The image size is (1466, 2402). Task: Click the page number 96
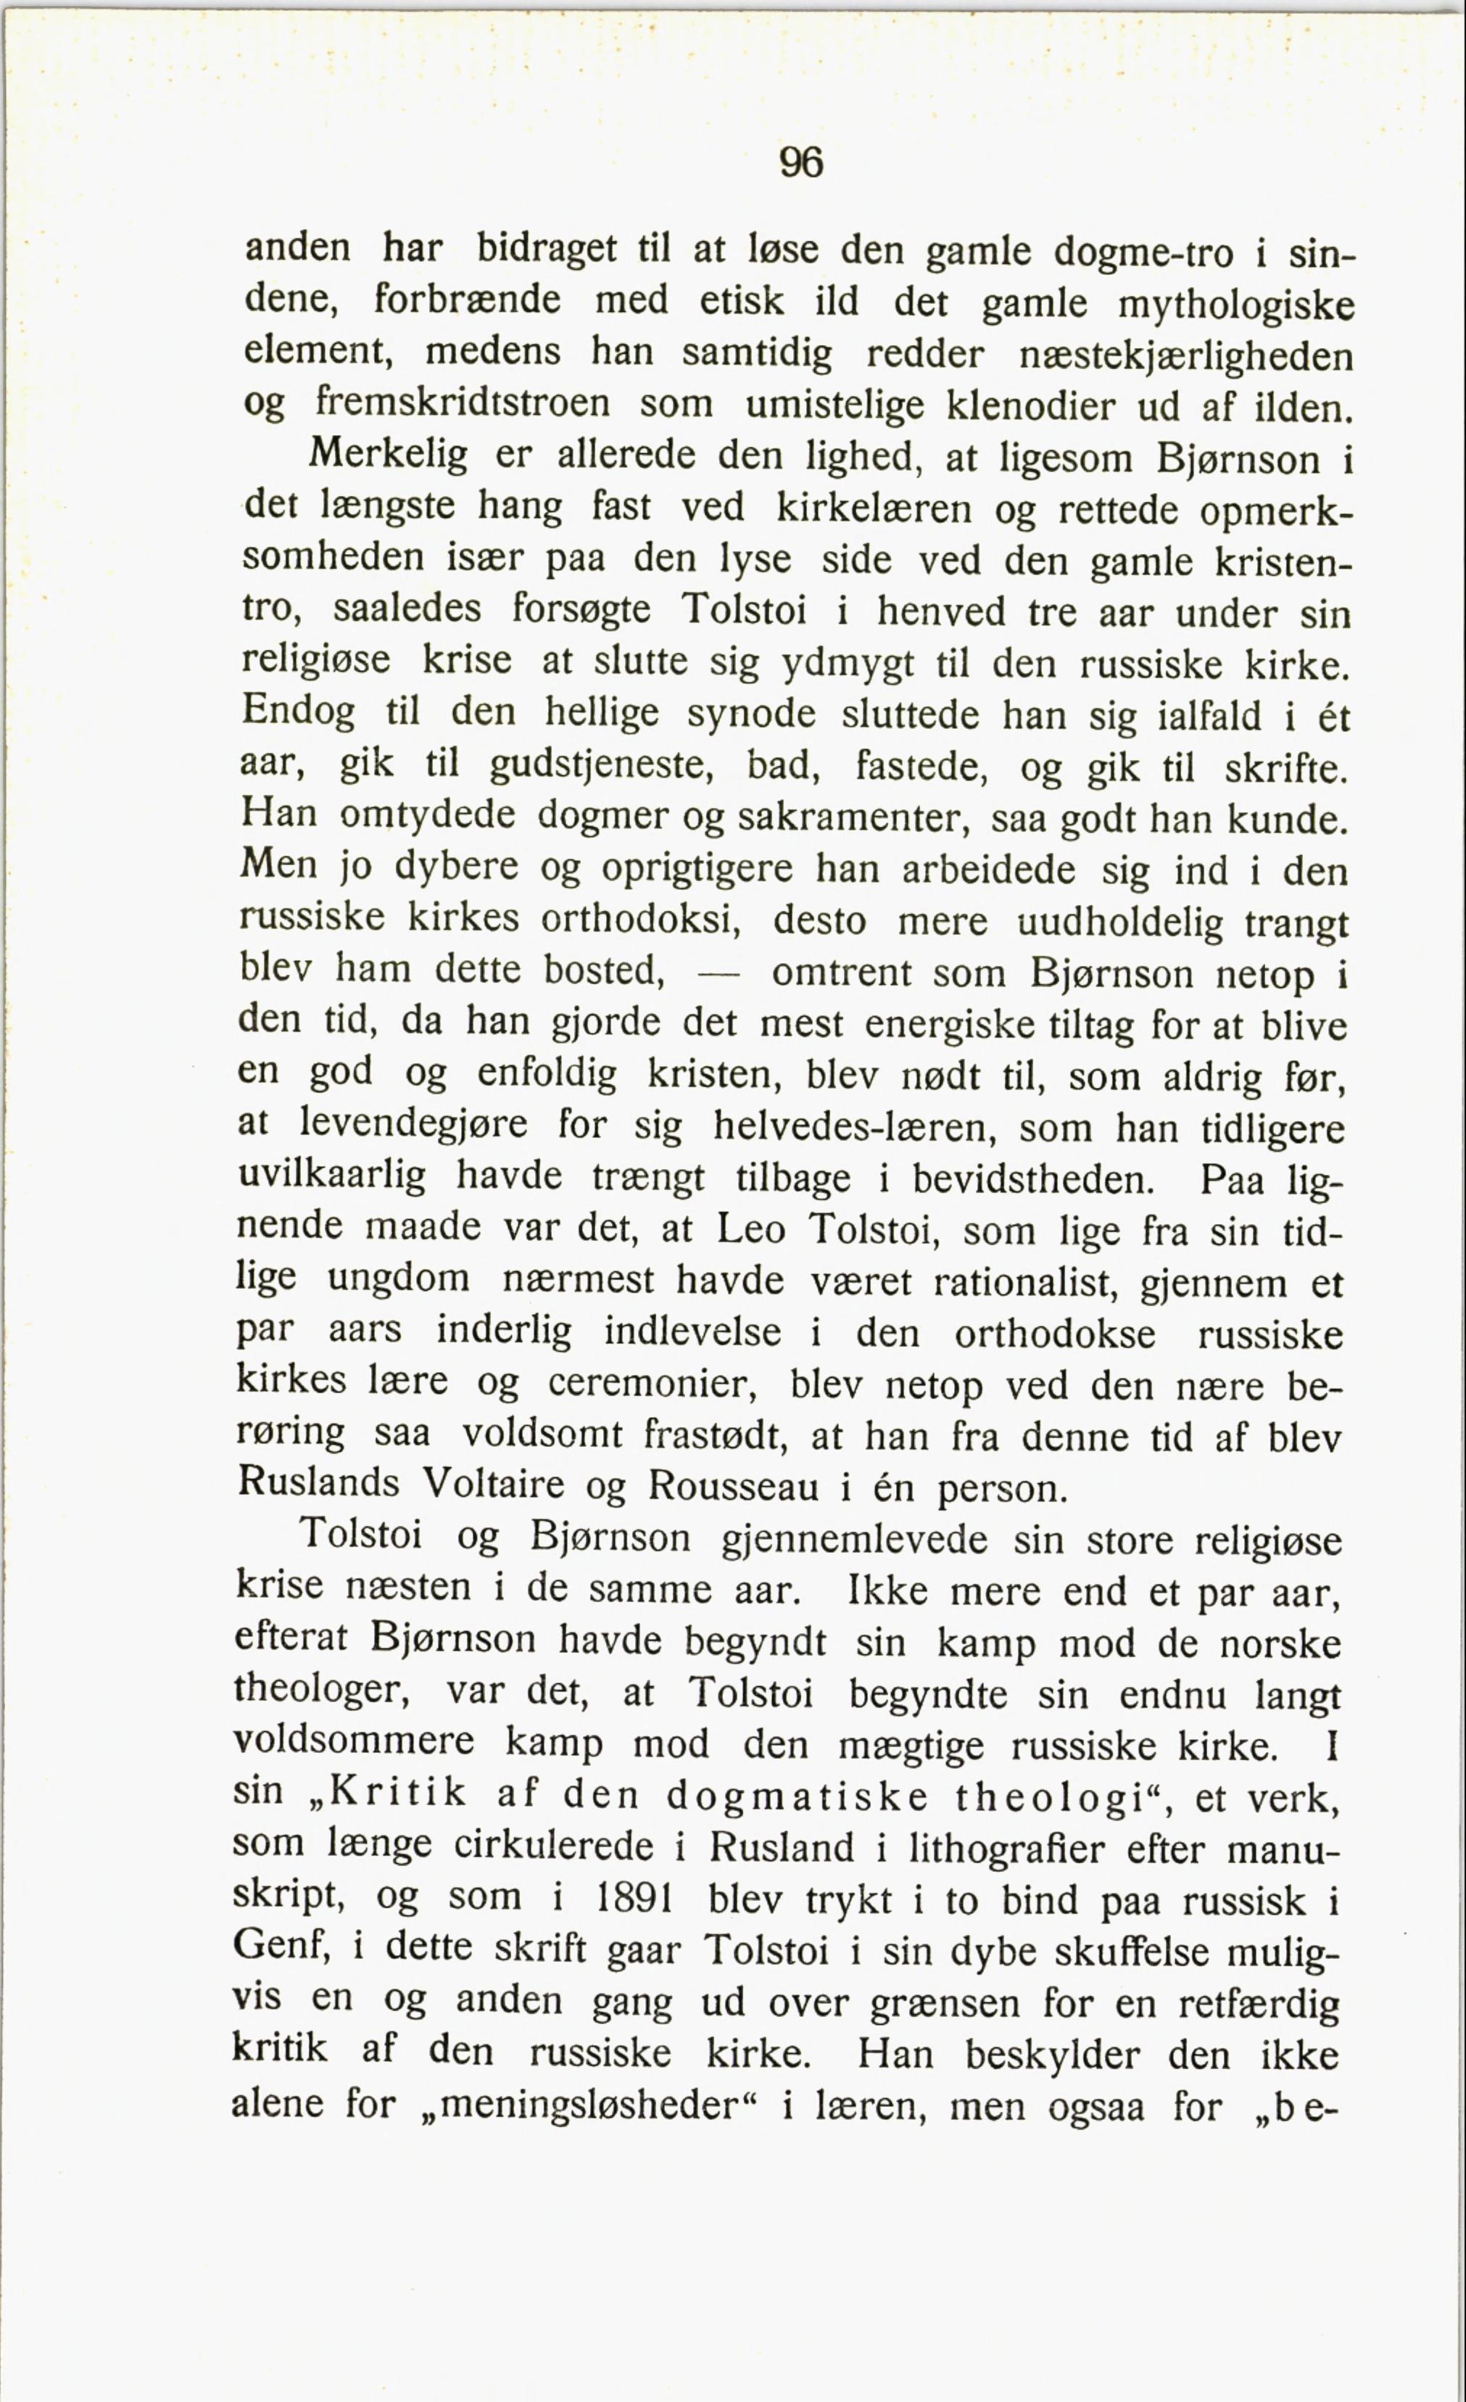(801, 161)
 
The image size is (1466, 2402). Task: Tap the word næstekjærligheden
(1185, 355)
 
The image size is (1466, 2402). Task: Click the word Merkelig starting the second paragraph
(388, 455)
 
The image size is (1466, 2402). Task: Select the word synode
(750, 714)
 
